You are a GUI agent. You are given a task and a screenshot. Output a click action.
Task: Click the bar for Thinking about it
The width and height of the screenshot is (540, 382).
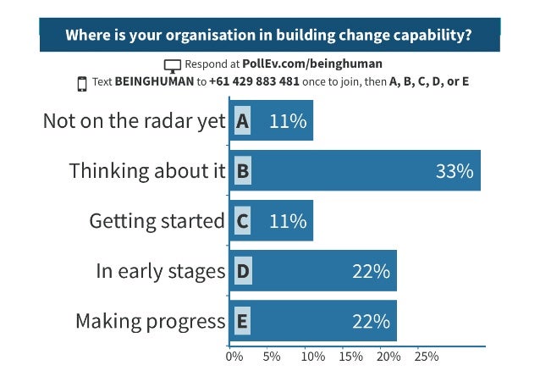pyautogui.click(x=355, y=171)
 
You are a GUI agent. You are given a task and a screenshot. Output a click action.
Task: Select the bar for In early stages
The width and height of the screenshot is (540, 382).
pyautogui.click(x=313, y=271)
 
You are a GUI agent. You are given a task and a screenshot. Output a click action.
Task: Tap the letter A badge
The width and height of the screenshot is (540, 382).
pyautogui.click(x=242, y=121)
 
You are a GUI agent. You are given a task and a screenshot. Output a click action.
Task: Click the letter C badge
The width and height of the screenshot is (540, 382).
pyautogui.click(x=242, y=221)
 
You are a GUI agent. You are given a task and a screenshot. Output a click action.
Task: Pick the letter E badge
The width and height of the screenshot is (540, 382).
pyautogui.click(x=242, y=321)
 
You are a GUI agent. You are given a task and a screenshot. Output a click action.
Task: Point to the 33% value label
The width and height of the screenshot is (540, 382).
pyautogui.click(x=454, y=171)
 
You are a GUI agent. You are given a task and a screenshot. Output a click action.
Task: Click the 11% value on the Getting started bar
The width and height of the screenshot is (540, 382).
pyautogui.click(x=287, y=221)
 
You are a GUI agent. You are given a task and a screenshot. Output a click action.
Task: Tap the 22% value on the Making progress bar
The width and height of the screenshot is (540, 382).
pyautogui.click(x=371, y=321)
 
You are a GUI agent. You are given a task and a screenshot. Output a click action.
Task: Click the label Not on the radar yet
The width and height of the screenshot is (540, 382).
pyautogui.click(x=135, y=121)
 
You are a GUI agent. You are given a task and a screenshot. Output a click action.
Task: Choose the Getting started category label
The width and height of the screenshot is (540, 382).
pyautogui.click(x=157, y=221)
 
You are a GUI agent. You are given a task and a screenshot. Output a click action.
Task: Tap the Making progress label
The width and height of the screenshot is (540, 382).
pyautogui.click(x=150, y=321)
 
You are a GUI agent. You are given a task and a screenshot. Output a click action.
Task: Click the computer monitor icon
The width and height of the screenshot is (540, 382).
pyautogui.click(x=173, y=65)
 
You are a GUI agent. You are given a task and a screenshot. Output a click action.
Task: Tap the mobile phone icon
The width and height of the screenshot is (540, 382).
pyautogui.click(x=82, y=83)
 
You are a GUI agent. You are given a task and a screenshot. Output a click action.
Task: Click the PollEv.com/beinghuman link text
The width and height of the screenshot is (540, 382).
pyautogui.click(x=311, y=64)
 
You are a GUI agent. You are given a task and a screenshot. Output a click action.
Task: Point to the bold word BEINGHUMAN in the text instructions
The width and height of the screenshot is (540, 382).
pyautogui.click(x=155, y=83)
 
